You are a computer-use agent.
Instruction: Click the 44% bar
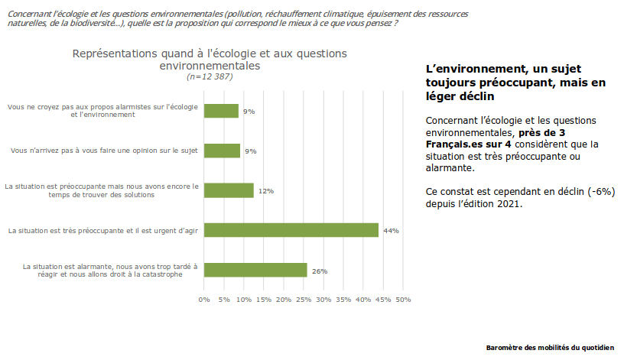[x=291, y=230]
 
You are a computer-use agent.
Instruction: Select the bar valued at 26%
[x=255, y=270]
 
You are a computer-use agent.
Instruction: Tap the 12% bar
[x=229, y=190]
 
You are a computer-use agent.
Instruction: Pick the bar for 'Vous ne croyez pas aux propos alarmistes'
[x=222, y=111]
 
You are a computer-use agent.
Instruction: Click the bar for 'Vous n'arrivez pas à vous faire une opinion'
[x=222, y=151]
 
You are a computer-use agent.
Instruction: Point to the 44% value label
[x=392, y=230]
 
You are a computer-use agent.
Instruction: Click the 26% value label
[x=320, y=271]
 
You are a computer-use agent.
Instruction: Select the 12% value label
[x=266, y=191]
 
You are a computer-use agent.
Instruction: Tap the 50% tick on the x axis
[x=402, y=299]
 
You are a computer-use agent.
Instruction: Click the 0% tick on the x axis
[x=204, y=299]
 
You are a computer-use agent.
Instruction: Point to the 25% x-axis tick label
[x=304, y=299]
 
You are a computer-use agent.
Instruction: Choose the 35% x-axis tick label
[x=343, y=299]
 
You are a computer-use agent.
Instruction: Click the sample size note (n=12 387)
[x=210, y=76]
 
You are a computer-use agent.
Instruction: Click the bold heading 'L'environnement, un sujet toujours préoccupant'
[x=515, y=83]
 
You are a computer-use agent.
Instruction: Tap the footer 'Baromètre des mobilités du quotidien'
[x=549, y=348]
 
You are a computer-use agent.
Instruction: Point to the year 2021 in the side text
[x=509, y=204]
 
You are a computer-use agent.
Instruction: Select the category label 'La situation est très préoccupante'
[x=103, y=230]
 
